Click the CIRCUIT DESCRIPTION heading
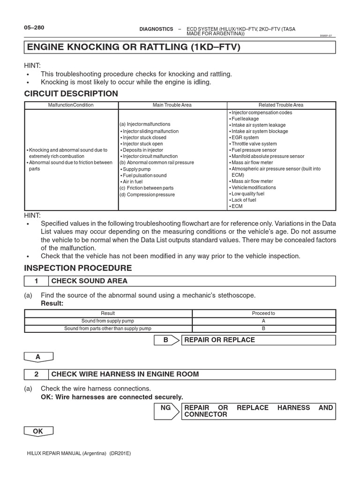[x=71, y=94]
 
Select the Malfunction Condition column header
[x=71, y=105]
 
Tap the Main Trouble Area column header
[x=172, y=105]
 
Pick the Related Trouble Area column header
[x=281, y=105]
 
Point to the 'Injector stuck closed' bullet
[x=144, y=138]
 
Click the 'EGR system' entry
[x=245, y=138]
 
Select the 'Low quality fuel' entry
[x=247, y=194]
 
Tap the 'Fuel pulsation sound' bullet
[x=144, y=175]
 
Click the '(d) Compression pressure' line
[x=147, y=195]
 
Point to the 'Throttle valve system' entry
[x=254, y=144]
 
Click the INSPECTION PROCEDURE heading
[x=78, y=268]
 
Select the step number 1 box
[x=36, y=281]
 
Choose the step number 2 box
[x=36, y=374]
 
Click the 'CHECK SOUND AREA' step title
[x=89, y=281]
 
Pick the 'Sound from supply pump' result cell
[x=108, y=321]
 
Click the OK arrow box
[x=38, y=431]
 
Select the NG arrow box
[x=166, y=411]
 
